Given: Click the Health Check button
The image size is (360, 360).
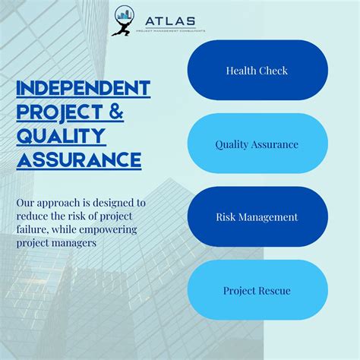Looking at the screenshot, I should (x=257, y=71).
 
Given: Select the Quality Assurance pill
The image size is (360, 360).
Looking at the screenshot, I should (x=257, y=144).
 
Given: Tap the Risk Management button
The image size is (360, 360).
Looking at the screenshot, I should (x=257, y=217).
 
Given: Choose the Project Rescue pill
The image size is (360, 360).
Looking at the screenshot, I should (x=257, y=290).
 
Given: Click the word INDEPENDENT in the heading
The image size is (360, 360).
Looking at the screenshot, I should (x=84, y=88).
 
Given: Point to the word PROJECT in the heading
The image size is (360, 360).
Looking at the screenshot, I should (x=58, y=112).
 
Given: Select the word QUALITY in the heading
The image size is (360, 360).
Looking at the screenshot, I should (x=61, y=137).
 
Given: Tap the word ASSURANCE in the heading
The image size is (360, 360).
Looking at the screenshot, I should (x=78, y=160).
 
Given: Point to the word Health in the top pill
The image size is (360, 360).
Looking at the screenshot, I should (x=240, y=71).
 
